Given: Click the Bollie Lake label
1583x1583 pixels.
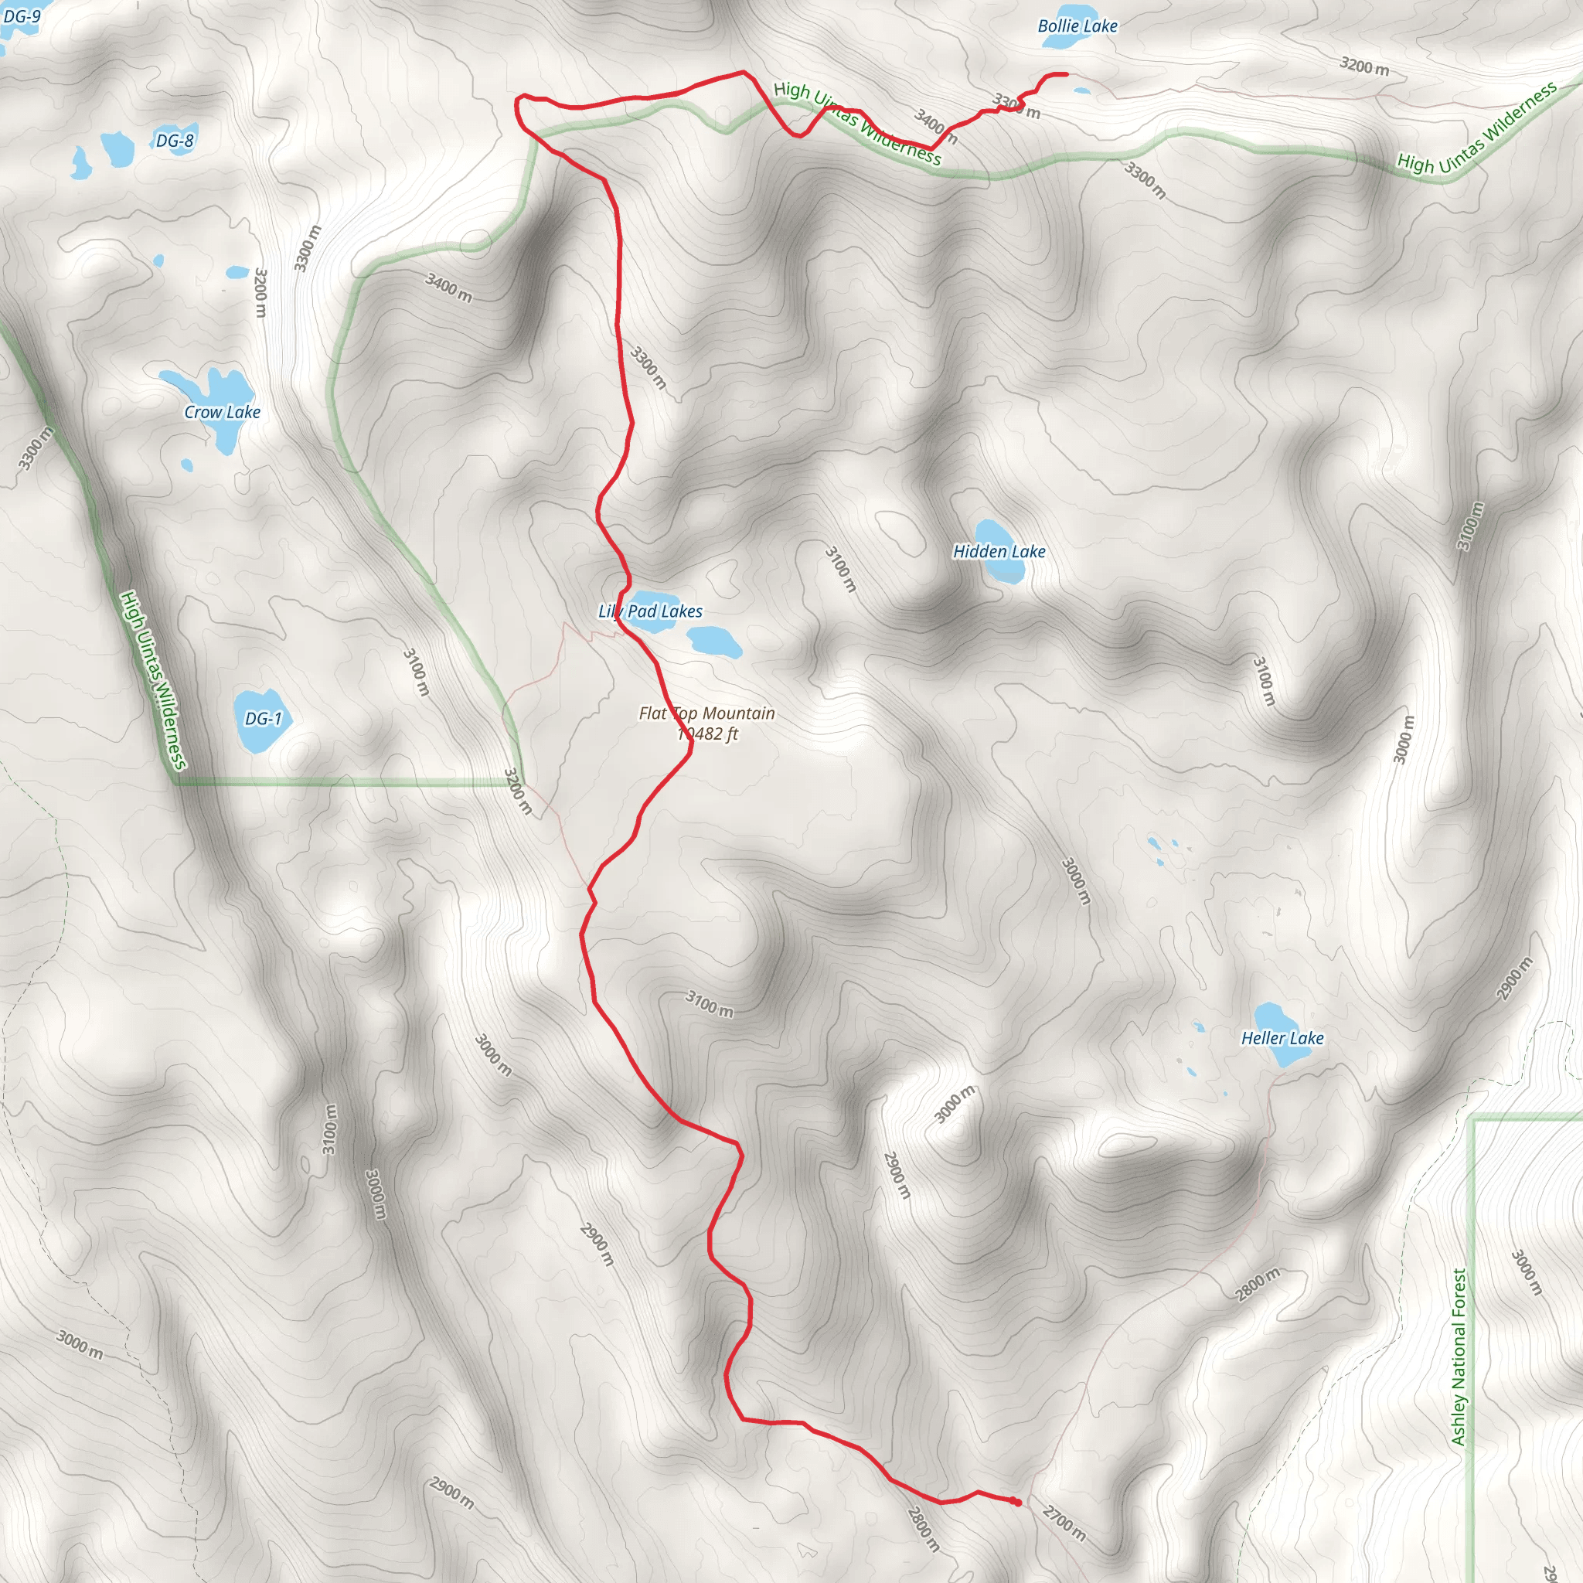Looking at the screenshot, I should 1077,26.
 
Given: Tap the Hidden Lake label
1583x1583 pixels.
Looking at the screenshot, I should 999,551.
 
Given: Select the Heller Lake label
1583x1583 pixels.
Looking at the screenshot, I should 1282,1038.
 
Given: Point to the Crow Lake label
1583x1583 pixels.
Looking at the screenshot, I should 222,412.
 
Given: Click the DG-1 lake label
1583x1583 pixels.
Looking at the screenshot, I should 263,719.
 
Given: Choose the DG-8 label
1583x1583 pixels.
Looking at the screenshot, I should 175,141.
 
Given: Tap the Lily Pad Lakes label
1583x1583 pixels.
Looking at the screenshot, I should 651,611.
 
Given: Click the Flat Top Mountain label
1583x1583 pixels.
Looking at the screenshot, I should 706,713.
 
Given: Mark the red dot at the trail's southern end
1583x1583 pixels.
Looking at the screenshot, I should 1016,1501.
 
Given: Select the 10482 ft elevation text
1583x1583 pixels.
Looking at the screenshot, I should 708,734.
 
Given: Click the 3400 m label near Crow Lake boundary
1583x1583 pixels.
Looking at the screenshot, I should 448,287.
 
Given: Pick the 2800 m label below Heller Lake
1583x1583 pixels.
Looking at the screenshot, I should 1257,1284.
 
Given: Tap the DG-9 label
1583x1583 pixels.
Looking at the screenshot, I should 22,16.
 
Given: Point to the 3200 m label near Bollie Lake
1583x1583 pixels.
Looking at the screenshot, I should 1363,66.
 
